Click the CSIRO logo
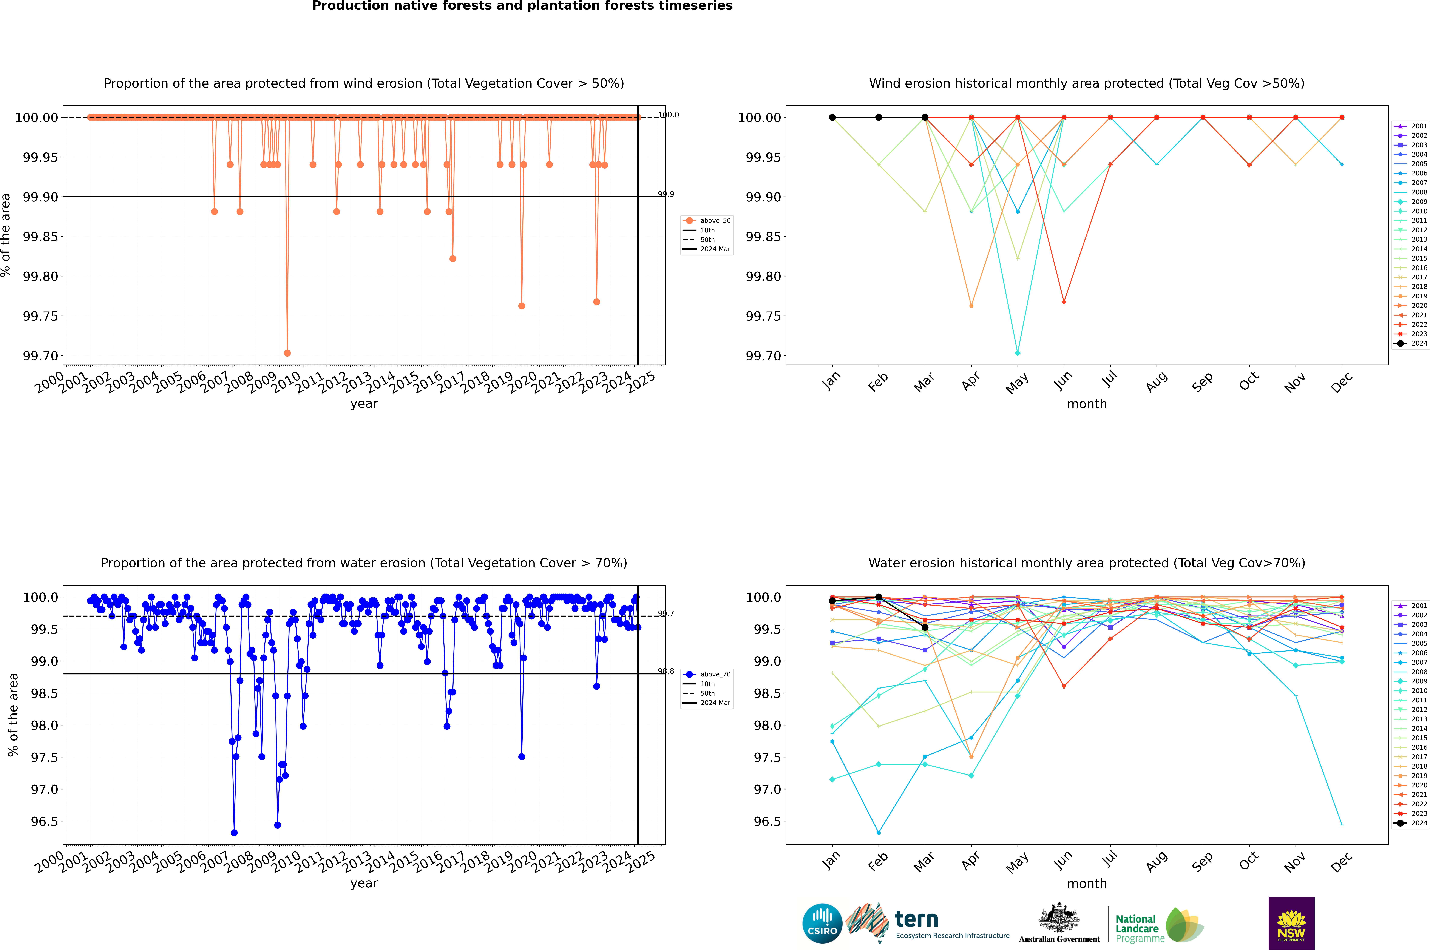click(x=822, y=923)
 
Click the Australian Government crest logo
click(x=1059, y=923)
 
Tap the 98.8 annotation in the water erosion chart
click(x=666, y=671)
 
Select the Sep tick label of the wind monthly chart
click(x=1203, y=382)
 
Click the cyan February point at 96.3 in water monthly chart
click(x=878, y=832)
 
